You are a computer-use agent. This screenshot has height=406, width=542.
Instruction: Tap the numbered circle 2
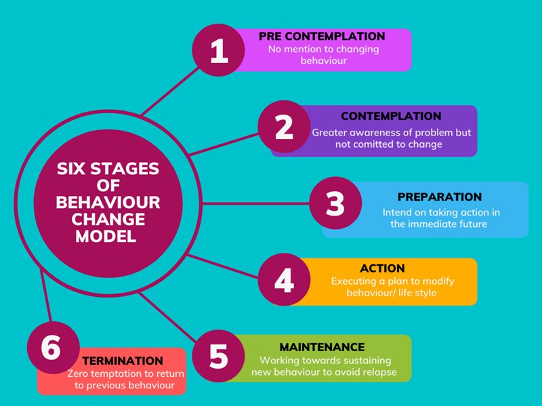pos(284,127)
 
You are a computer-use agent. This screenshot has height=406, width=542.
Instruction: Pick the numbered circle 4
pos(284,279)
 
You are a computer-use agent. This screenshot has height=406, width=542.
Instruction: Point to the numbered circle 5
pos(218,356)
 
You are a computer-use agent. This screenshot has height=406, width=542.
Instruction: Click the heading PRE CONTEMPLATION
pos(322,36)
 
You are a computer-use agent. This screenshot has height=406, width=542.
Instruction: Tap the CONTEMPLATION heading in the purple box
pos(391,117)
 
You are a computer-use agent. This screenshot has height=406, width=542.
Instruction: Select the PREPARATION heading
pos(439,197)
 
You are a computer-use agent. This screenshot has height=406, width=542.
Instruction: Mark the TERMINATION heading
pos(122,361)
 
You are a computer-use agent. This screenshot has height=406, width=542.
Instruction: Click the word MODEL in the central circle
pos(107,237)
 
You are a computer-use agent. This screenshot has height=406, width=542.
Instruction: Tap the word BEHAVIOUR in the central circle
pos(107,203)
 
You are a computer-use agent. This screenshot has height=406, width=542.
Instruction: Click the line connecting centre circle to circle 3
pos(257,203)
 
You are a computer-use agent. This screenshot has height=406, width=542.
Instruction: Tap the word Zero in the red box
pos(79,373)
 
